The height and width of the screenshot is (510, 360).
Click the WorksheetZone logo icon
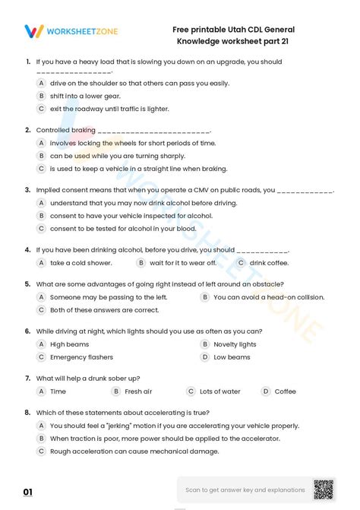(34, 31)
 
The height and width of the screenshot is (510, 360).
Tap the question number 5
(27, 284)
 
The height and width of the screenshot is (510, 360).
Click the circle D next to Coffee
(265, 391)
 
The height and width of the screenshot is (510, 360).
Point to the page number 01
(28, 493)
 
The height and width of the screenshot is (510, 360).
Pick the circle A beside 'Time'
(42, 391)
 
